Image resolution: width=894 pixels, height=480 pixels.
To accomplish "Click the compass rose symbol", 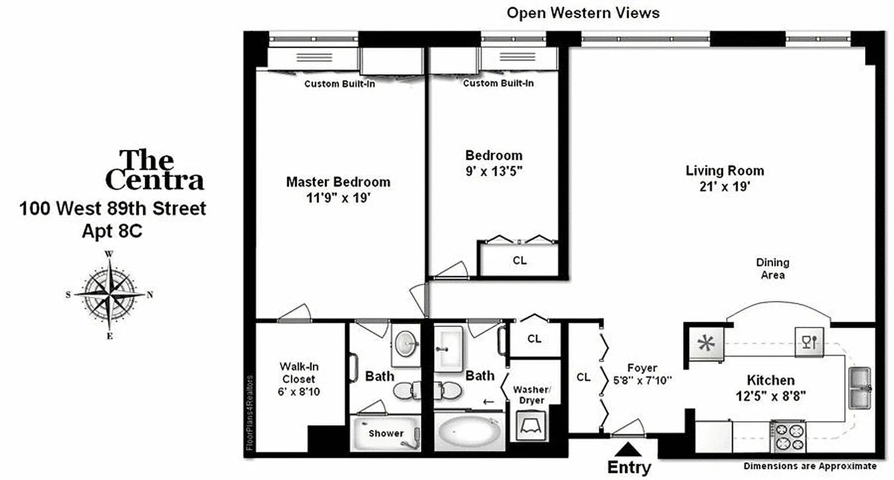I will (x=110, y=294).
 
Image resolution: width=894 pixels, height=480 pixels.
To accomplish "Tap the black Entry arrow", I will (x=628, y=449).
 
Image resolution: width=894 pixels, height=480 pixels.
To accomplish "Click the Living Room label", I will (x=724, y=171).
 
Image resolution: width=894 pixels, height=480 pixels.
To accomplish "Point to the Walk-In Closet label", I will (x=297, y=372).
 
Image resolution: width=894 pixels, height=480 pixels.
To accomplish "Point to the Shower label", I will (x=386, y=433).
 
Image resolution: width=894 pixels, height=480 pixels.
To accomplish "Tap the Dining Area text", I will (x=772, y=269).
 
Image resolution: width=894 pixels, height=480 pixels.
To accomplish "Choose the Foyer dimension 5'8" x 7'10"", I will (x=642, y=379).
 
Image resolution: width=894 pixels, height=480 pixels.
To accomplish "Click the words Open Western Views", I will (x=583, y=13).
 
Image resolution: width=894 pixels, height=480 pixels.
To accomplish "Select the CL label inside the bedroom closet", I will (x=519, y=261).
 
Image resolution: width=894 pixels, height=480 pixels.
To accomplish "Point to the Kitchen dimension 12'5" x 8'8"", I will (x=770, y=395).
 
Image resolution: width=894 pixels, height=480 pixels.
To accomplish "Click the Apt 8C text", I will (x=112, y=231).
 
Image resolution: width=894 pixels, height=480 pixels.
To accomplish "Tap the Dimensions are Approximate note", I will (x=810, y=466).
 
